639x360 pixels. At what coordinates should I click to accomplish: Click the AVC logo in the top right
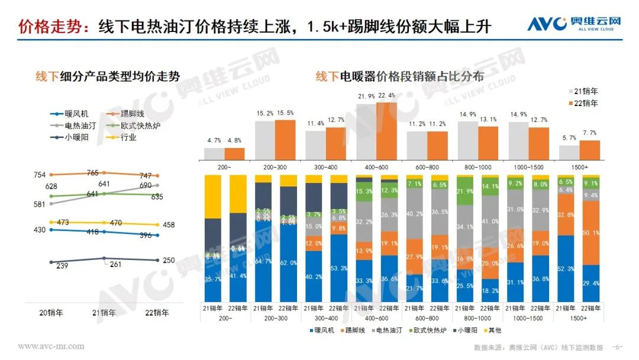coord(573,24)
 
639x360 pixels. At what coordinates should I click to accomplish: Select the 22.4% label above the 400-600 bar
coord(386,96)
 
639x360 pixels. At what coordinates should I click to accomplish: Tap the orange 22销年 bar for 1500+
coord(589,150)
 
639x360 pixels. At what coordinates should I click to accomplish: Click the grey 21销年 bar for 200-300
coord(264,140)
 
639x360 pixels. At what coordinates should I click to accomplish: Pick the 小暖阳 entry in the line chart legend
coord(76,137)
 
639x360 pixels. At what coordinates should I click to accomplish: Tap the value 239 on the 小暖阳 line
coord(63,266)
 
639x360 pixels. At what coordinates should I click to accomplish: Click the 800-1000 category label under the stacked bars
coord(477,317)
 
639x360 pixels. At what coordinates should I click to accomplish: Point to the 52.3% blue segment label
coord(566,269)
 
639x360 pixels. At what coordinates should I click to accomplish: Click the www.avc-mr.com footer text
coord(51,346)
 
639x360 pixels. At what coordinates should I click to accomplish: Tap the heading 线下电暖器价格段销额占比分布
coord(399,76)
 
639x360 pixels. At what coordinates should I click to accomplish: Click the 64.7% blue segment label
coord(264,261)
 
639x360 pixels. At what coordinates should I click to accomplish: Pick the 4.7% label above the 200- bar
coord(214,141)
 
